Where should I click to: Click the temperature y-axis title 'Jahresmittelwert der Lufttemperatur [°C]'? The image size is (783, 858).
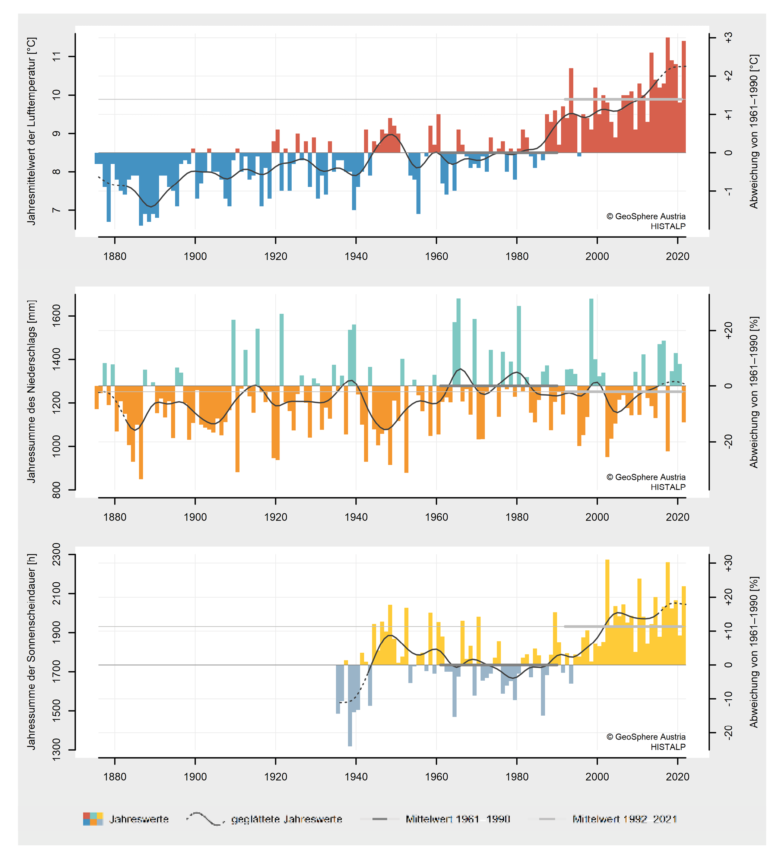pos(32,131)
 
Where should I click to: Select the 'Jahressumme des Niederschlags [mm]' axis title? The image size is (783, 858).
pos(32,391)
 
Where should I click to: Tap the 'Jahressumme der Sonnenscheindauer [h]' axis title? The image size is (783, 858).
pos(32,651)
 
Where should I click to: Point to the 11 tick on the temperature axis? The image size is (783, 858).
pos(56,57)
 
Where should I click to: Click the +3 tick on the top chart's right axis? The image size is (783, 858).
pos(729,38)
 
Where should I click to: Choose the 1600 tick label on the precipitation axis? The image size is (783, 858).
pos(56,316)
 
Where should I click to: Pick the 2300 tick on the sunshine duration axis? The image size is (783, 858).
pos(56,554)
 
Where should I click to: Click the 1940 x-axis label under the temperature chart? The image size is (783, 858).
pos(356,256)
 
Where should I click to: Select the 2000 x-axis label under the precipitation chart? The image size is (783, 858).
pos(597,517)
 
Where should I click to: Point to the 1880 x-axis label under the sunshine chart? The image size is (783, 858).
pos(114,777)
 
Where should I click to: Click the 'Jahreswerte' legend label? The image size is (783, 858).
pos(139,819)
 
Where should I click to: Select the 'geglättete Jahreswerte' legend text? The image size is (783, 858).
pos(286,819)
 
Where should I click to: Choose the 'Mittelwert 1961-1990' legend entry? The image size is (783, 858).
pos(457,819)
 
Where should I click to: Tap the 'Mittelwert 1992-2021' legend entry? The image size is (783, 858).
pos(624,819)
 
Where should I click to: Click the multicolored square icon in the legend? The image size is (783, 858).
pos(93,819)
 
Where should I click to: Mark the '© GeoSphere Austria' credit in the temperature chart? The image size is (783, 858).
pos(646,216)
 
